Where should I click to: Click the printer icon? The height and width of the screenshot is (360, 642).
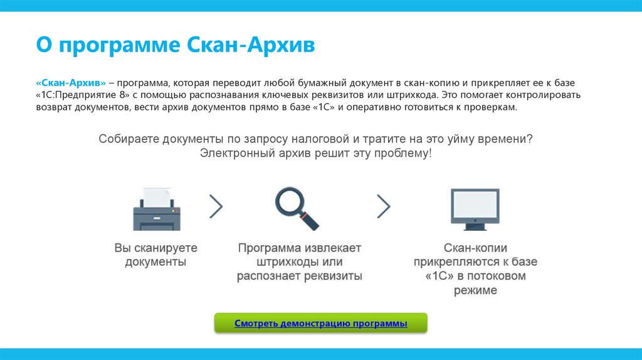click(156, 209)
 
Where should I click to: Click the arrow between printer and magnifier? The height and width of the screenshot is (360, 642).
click(216, 205)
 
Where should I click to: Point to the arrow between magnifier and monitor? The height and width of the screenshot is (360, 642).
click(383, 206)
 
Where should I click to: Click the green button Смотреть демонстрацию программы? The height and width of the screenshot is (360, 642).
click(320, 324)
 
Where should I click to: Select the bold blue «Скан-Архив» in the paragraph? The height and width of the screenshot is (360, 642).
click(71, 83)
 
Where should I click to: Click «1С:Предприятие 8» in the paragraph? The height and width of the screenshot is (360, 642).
click(82, 95)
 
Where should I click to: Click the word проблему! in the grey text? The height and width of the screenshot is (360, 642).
click(401, 153)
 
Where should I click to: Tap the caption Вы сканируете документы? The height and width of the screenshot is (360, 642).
click(155, 255)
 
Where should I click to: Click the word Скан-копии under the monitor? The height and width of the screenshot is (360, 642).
click(475, 248)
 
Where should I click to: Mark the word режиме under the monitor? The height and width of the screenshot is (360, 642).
click(475, 290)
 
